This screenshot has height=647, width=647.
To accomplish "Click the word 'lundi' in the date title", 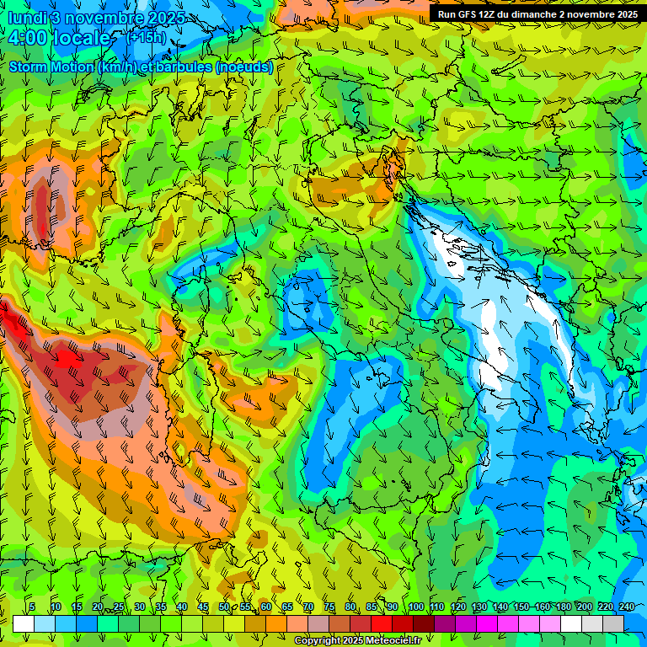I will (x=27, y=18).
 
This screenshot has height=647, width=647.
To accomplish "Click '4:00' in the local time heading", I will (x=29, y=38).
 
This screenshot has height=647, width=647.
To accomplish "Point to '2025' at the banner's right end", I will (x=623, y=14).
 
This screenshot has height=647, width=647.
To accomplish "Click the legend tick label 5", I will (x=32, y=607).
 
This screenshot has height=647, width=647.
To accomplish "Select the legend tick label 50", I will (x=224, y=607).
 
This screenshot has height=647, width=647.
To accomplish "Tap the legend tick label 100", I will (x=415, y=607).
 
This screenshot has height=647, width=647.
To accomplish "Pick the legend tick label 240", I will (x=627, y=607).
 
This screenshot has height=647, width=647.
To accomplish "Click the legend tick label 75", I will (x=329, y=607).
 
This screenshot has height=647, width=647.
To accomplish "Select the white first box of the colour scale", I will (x=24, y=623).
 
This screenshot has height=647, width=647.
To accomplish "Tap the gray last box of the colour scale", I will (x=613, y=623).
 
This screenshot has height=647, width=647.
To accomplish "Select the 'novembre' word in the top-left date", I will (x=105, y=18).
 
